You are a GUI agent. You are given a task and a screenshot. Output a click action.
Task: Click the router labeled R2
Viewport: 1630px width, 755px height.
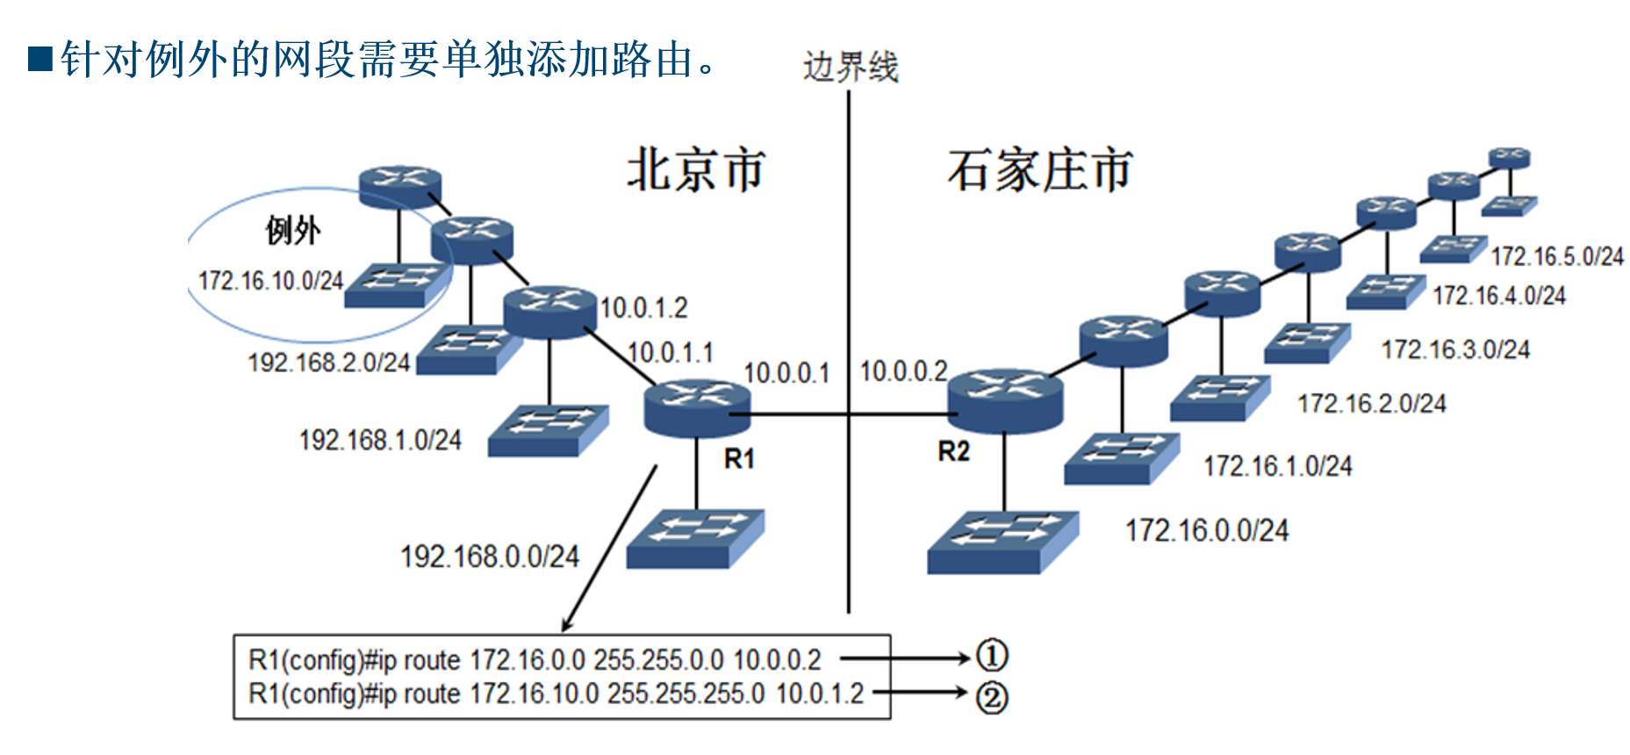pyautogui.click(x=1005, y=400)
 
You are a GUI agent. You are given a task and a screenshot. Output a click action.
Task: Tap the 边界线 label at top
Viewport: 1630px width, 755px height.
pyautogui.click(x=851, y=68)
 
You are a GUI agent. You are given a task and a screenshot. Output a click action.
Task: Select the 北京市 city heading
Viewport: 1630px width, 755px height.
pyautogui.click(x=695, y=170)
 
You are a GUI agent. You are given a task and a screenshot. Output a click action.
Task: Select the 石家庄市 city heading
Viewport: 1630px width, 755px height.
pyautogui.click(x=1040, y=170)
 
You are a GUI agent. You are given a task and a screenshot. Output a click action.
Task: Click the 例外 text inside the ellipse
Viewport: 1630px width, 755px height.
pyautogui.click(x=293, y=231)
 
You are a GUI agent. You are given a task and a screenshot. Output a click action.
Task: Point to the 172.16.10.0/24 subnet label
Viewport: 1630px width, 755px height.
pyautogui.click(x=270, y=281)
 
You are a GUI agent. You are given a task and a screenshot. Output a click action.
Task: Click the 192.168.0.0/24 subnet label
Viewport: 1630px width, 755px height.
pyautogui.click(x=490, y=557)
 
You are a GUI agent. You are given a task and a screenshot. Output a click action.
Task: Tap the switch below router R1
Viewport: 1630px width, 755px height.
pyautogui.click(x=695, y=537)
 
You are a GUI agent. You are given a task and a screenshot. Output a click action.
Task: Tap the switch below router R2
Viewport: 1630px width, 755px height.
pyautogui.click(x=1002, y=541)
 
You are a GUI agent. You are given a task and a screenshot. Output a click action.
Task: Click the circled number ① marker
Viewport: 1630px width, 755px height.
pyautogui.click(x=992, y=656)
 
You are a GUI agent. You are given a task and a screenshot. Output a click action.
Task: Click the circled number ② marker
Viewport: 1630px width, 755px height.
pyautogui.click(x=992, y=698)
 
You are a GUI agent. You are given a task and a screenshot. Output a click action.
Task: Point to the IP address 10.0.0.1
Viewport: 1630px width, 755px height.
pyautogui.click(x=786, y=374)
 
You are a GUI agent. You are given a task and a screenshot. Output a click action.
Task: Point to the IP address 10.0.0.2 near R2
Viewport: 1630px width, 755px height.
pyautogui.click(x=903, y=371)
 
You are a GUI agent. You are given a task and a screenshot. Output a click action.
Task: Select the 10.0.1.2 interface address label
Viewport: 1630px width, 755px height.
pyautogui.click(x=643, y=308)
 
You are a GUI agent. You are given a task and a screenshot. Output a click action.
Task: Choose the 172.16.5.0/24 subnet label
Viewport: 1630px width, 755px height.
pyautogui.click(x=1557, y=256)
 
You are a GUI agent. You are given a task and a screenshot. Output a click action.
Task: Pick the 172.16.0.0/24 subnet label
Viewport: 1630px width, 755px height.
pyautogui.click(x=1207, y=530)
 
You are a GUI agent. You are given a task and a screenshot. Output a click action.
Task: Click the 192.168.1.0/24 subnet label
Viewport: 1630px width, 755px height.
pyautogui.click(x=380, y=440)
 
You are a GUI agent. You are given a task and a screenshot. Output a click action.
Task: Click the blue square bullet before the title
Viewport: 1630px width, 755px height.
pyautogui.click(x=40, y=59)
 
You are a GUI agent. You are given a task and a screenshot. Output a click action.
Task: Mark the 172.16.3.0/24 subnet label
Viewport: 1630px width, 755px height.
pyautogui.click(x=1455, y=350)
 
